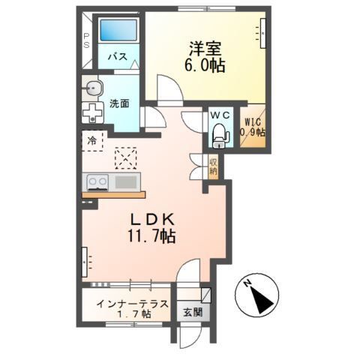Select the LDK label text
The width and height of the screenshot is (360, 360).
pos(154,220)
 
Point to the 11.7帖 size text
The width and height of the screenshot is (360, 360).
pos(154,236)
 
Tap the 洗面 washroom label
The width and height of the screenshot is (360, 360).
pos(119,103)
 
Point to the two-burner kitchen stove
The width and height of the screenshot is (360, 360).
pos(98,181)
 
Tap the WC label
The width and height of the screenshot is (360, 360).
pos(219,115)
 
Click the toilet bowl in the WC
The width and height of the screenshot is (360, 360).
pos(220,136)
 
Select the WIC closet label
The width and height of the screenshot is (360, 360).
pos(252,124)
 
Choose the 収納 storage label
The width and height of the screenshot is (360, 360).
pos(213,166)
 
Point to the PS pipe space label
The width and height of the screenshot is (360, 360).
pos(86,39)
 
